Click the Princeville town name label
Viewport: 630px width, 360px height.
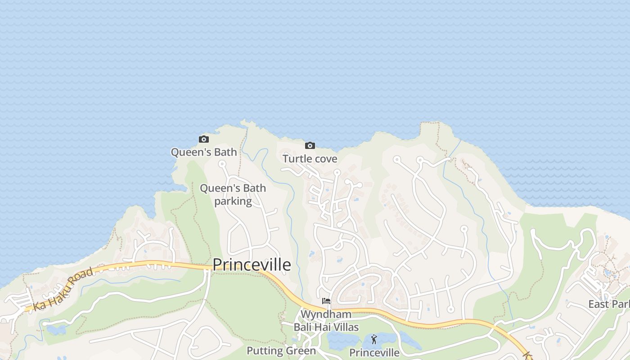pyautogui.click(x=251, y=265)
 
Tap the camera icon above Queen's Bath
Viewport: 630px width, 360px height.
pyautogui.click(x=204, y=139)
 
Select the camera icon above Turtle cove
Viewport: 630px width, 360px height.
pyautogui.click(x=310, y=145)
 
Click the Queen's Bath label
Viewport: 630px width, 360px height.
pyautogui.click(x=204, y=152)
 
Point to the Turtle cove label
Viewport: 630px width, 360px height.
pyautogui.click(x=310, y=158)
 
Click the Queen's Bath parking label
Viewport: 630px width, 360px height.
pyautogui.click(x=233, y=194)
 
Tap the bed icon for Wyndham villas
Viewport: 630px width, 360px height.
pyautogui.click(x=326, y=301)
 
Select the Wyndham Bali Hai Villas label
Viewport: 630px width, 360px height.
pyautogui.click(x=326, y=320)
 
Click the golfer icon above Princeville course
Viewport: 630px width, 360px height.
pyautogui.click(x=374, y=339)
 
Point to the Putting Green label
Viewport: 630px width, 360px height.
pyautogui.click(x=281, y=351)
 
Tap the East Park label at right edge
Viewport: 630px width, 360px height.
pyautogui.click(x=609, y=304)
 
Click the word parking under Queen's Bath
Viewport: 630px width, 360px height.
pyautogui.click(x=233, y=201)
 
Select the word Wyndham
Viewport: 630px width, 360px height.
pyautogui.click(x=326, y=314)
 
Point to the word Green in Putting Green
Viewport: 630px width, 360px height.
pyautogui.click(x=302, y=351)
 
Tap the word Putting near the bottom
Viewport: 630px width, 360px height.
pyautogui.click(x=265, y=351)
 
